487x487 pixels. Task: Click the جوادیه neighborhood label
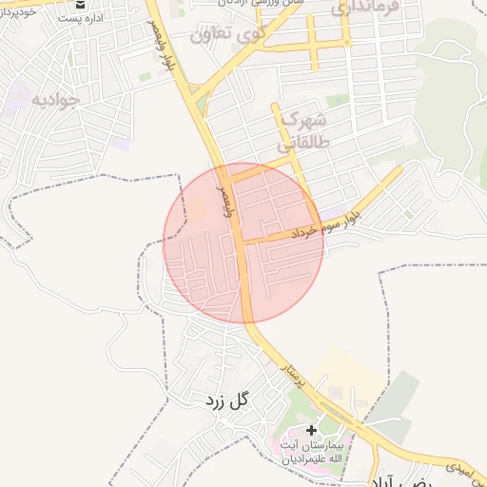click(x=56, y=98)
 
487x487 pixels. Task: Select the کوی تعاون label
click(x=224, y=36)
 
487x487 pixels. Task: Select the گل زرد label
click(x=225, y=400)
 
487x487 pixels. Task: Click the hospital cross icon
click(x=311, y=431)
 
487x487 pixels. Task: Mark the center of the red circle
click(x=243, y=243)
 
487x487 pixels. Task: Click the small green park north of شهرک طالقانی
click(x=337, y=100)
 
